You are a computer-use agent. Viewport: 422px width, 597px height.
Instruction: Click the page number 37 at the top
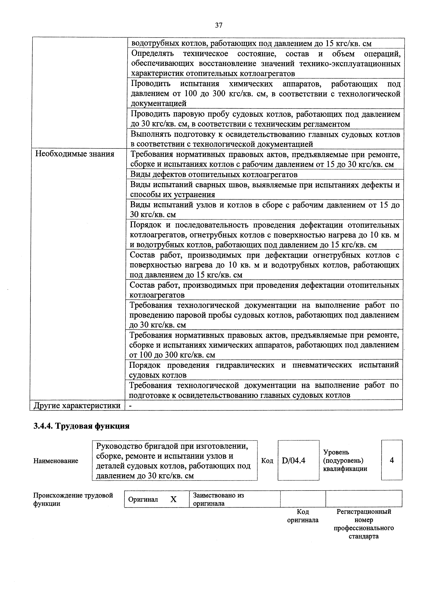click(x=219, y=25)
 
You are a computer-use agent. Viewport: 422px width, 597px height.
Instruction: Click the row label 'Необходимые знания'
click(x=75, y=154)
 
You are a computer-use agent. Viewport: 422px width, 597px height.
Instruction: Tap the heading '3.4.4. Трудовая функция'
click(x=81, y=426)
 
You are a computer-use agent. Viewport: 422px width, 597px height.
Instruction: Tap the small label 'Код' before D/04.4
click(x=267, y=461)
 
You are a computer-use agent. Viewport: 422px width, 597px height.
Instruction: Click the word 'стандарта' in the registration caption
click(x=363, y=536)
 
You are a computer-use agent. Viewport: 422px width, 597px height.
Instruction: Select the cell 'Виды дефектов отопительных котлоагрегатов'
click(x=214, y=174)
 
